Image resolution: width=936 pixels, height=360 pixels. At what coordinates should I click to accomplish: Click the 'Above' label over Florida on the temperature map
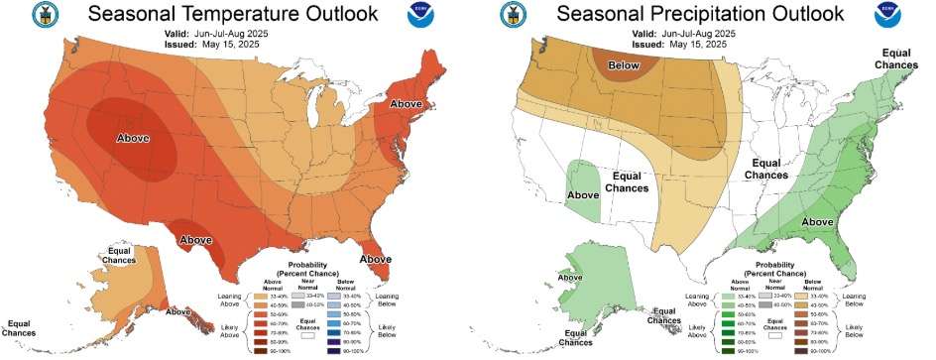tap(376, 259)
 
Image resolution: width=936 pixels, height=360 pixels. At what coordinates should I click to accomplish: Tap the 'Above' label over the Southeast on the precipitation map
tap(818, 221)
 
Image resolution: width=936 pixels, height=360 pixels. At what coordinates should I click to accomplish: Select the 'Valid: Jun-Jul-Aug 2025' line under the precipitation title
tap(684, 33)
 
